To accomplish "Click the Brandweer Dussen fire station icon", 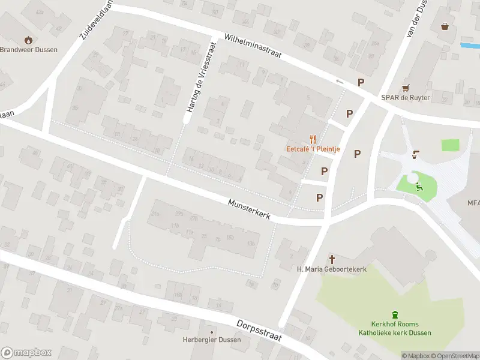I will point(28,40).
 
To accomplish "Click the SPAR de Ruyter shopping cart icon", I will point(406,88).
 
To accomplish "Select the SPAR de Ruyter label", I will point(406,98).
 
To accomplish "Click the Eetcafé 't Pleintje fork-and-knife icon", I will point(313,139).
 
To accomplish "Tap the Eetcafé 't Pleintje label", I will point(312,149).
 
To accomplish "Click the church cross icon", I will point(332,259).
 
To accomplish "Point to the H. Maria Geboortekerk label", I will point(332,269).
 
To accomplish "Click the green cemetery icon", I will point(395,314).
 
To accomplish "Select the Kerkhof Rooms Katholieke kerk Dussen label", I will point(395,329).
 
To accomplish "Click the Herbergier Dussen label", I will point(212,340).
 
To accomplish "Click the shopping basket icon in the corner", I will point(445,26).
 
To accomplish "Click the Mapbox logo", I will point(26,352).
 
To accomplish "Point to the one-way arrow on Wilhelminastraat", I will point(340,82).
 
